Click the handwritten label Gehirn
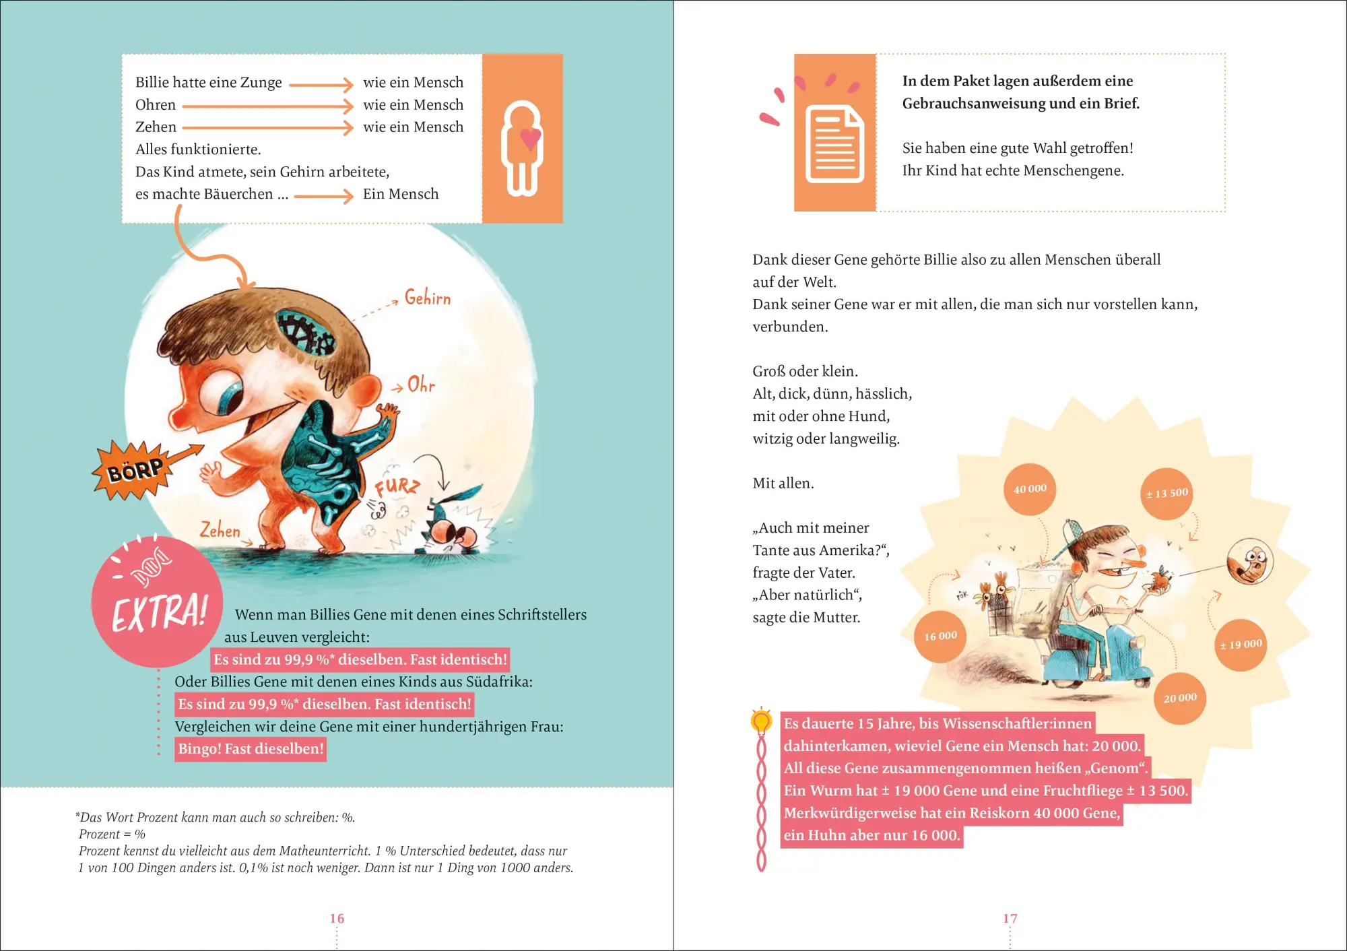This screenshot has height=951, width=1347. (428, 298)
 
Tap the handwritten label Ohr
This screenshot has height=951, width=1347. (422, 385)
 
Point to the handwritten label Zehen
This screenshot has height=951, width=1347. (220, 530)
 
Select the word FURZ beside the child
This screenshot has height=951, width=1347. (397, 486)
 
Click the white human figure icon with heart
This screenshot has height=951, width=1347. (522, 149)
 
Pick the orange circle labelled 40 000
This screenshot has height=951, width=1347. (1030, 489)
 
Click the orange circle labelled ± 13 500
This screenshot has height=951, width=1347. (1167, 494)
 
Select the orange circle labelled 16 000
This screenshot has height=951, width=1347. (940, 636)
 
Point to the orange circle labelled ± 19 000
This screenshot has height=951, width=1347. (1241, 645)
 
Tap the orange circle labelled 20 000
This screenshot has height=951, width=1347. (1180, 698)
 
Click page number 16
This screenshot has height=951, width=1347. (337, 919)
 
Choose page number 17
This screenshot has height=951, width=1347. (1010, 919)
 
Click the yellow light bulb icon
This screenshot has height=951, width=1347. (761, 721)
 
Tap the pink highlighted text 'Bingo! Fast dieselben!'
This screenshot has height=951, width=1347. (251, 749)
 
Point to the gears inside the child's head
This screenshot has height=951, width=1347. (307, 332)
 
